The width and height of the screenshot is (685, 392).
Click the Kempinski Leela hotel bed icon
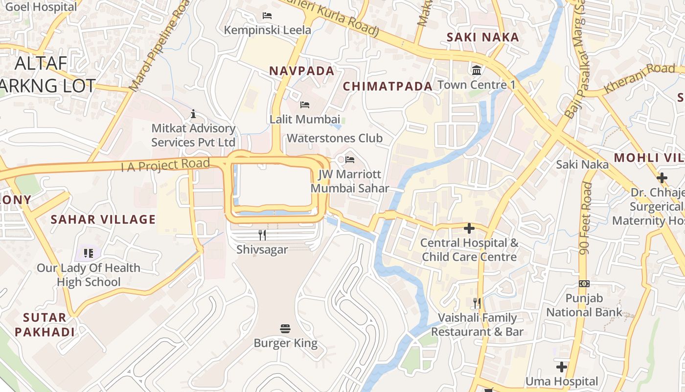267,16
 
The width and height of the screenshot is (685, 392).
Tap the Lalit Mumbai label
305,119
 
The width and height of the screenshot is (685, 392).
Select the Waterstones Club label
335,138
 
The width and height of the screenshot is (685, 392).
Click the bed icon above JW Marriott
350,160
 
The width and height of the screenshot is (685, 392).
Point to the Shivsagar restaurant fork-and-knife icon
262,235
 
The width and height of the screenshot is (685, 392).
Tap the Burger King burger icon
286,328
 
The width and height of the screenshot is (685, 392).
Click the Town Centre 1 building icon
477,71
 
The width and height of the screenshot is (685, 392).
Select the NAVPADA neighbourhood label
302,71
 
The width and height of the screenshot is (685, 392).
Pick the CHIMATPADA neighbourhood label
388,87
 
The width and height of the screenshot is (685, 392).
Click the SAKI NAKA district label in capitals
483,37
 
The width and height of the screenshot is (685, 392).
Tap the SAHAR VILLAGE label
103,220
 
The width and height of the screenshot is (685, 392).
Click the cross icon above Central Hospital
469,228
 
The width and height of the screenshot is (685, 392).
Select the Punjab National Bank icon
584,284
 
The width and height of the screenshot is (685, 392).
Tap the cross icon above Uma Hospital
562,367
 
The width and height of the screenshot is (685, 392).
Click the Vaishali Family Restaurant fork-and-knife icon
477,303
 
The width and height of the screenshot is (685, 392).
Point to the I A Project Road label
165,166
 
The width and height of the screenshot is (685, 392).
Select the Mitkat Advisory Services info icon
193,114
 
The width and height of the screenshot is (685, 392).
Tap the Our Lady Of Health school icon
89,253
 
